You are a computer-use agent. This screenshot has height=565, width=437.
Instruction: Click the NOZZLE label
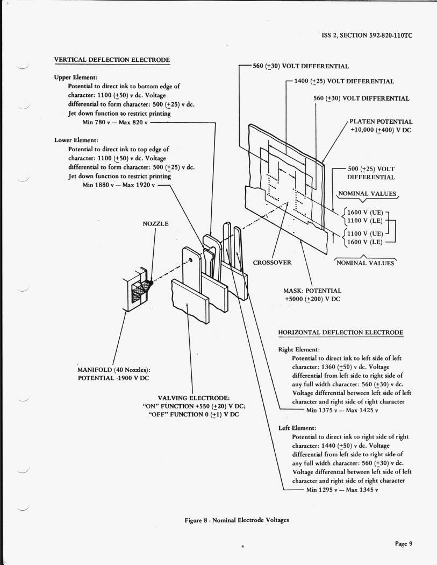click(x=155, y=223)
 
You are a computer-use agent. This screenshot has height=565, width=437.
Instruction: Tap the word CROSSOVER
click(x=272, y=263)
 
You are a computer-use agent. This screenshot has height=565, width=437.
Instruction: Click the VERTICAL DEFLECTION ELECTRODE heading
click(x=112, y=59)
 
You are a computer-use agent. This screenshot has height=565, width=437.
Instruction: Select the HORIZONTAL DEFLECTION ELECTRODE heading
click(x=341, y=333)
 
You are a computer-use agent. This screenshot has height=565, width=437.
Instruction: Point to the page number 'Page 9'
click(x=404, y=543)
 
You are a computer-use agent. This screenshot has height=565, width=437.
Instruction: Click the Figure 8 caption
click(x=237, y=520)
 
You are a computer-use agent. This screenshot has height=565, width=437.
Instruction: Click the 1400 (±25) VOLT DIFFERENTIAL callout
click(x=344, y=81)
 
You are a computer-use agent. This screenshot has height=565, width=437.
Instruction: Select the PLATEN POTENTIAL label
click(x=381, y=122)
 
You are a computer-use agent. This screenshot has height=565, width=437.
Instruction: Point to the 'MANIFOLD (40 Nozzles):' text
click(x=113, y=370)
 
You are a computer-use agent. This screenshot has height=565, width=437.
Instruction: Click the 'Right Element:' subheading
click(x=299, y=349)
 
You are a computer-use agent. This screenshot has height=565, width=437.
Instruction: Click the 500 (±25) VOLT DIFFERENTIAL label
click(x=371, y=172)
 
